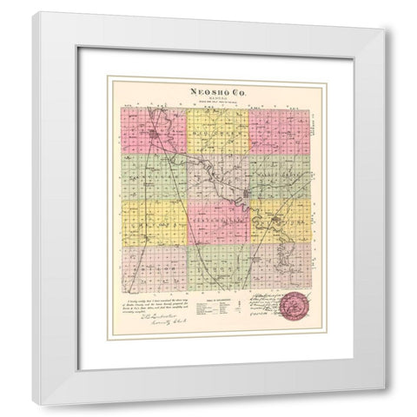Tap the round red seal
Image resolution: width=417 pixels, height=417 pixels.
click(x=295, y=308)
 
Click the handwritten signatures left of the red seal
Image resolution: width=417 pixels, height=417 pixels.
click(x=260, y=306)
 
